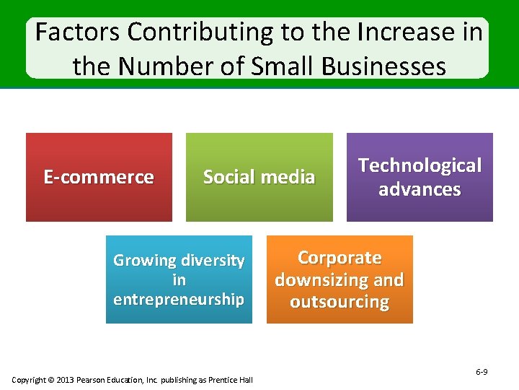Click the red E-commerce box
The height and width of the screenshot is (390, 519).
pyautogui.click(x=99, y=177)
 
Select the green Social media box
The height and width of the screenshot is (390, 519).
pyautogui.click(x=259, y=177)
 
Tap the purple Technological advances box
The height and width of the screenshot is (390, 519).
pyautogui.click(x=420, y=177)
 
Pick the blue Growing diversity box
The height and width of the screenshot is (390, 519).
pyautogui.click(x=179, y=279)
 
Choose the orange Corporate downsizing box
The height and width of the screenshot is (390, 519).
pyautogui.click(x=340, y=279)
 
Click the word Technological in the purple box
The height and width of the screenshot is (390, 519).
pyautogui.click(x=420, y=165)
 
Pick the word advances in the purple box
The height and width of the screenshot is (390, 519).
pyautogui.click(x=420, y=189)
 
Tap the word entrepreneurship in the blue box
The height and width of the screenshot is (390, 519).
pyautogui.click(x=179, y=299)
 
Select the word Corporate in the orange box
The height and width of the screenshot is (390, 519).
pyautogui.click(x=340, y=258)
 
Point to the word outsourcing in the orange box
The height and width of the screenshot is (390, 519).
pyautogui.click(x=340, y=302)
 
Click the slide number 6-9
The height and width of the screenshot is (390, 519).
pyautogui.click(x=482, y=372)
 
